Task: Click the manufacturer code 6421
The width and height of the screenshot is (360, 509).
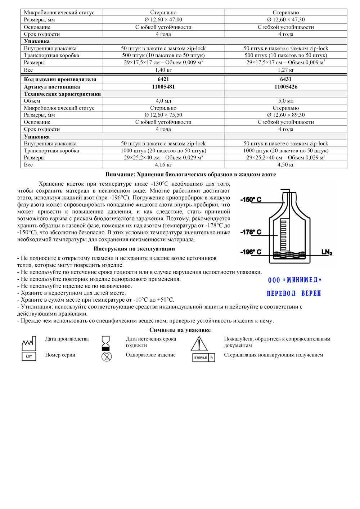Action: pos(163,79)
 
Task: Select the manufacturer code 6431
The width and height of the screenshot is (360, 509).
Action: pos(285,79)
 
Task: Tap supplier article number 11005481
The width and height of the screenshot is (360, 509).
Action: pos(163,87)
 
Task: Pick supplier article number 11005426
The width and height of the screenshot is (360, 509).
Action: pos(285,87)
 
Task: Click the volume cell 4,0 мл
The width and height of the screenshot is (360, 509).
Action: pos(163,101)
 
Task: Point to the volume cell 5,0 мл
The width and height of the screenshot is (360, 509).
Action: pos(285,101)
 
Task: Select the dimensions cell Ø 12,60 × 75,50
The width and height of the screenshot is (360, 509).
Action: pos(163,115)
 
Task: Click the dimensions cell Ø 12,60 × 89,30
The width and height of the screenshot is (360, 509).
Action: pos(285,115)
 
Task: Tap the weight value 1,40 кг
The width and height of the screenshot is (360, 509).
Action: pos(163,70)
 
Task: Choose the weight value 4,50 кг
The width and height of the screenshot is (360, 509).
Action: pos(285,165)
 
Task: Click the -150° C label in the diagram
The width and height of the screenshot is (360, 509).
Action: pos(251,199)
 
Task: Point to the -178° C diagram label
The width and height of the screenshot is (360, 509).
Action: pos(251,232)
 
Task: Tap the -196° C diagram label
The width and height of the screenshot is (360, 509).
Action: pos(251,252)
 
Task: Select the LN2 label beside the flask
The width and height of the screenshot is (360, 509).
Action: pos(327,252)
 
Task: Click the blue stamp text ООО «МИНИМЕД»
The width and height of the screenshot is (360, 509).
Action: pos(294,280)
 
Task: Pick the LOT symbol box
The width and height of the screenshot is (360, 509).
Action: pos(29,356)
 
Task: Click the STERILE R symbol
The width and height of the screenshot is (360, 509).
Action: pos(203,357)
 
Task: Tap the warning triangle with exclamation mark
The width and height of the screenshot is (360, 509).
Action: pos(199,344)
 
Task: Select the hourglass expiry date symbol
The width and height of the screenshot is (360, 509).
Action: pos(106,343)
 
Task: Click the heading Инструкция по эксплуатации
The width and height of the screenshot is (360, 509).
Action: pos(134,249)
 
